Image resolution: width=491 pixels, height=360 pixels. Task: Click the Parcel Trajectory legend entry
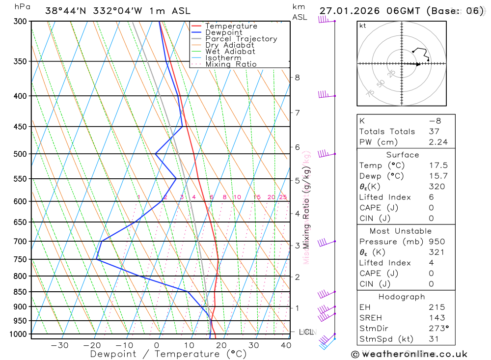click(241, 39)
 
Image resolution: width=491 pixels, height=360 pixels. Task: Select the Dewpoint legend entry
click(223, 32)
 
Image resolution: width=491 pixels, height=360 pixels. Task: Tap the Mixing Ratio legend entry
click(231, 64)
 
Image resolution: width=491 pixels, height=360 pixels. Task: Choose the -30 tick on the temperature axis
click(59, 345)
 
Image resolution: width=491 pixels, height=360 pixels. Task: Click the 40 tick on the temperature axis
click(286, 345)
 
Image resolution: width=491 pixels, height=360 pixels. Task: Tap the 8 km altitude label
click(298, 78)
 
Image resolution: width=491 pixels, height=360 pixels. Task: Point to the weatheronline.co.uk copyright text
click(409, 354)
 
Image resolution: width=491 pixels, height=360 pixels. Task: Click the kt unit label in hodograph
click(362, 26)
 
